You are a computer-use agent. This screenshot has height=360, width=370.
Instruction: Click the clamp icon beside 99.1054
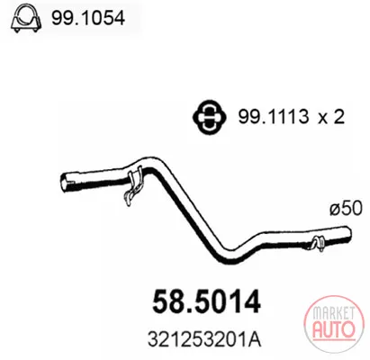click(x=25, y=19)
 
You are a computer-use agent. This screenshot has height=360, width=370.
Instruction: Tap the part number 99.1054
click(x=88, y=19)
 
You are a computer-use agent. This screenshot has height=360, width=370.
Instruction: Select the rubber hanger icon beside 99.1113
click(x=209, y=117)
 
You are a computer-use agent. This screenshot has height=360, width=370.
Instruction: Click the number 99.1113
click(x=274, y=117)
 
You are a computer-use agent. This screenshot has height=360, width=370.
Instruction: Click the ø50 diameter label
click(x=346, y=208)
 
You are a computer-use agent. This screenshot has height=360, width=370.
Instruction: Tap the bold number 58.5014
click(x=206, y=301)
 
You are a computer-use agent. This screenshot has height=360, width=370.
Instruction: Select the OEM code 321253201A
click(x=204, y=339)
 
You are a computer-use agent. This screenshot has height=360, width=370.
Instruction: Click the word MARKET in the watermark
click(x=333, y=313)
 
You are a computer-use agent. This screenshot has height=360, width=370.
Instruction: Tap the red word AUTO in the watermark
click(x=333, y=328)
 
